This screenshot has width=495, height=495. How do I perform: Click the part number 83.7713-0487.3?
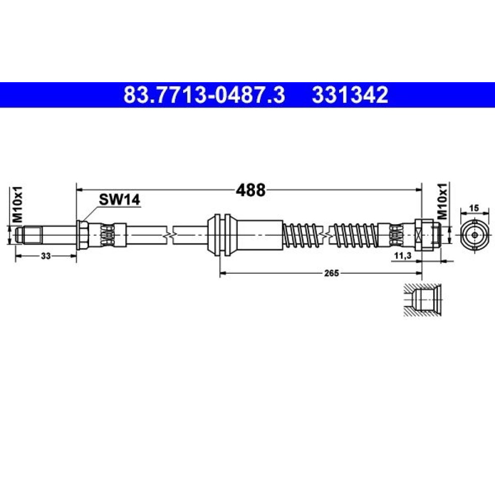204,95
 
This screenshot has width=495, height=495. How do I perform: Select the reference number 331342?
350,95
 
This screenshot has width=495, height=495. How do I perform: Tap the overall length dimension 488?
251,190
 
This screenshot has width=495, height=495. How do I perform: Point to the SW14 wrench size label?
119,199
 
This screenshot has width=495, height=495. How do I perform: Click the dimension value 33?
46,256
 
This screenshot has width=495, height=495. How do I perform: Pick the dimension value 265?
331,273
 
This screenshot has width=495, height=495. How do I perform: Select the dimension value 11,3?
403,256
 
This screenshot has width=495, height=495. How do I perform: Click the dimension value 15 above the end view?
474,208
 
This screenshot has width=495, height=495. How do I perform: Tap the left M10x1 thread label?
17,204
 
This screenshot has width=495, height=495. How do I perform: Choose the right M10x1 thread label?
442,201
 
